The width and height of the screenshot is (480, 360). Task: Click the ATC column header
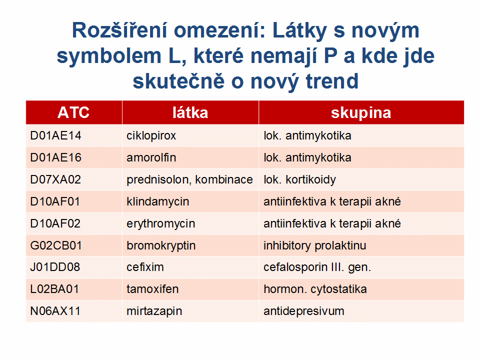pyautogui.click(x=73, y=112)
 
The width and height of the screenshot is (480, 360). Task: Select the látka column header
pyautogui.click(x=190, y=112)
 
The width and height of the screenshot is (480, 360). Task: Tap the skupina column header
pyautogui.click(x=361, y=113)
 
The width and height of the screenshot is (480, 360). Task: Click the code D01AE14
pyautogui.click(x=55, y=135)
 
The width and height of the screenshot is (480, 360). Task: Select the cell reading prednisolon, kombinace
pyautogui.click(x=189, y=179)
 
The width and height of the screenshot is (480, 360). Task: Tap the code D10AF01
pyautogui.click(x=55, y=201)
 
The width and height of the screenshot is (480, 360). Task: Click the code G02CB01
pyautogui.click(x=56, y=245)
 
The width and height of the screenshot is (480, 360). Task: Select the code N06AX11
pyautogui.click(x=55, y=311)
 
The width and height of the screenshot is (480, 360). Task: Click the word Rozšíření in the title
pyautogui.click(x=120, y=30)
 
